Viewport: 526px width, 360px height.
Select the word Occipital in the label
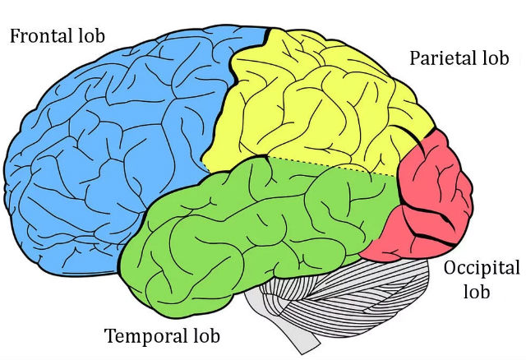(482, 269)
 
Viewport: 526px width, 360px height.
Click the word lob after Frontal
(92, 35)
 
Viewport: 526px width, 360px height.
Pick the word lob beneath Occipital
(477, 291)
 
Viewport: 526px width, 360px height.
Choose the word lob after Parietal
(496, 58)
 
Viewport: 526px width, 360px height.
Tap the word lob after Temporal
(207, 335)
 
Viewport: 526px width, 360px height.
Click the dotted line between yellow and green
(332, 166)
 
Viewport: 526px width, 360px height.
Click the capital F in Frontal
(15, 36)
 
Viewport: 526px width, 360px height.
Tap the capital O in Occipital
(450, 267)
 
